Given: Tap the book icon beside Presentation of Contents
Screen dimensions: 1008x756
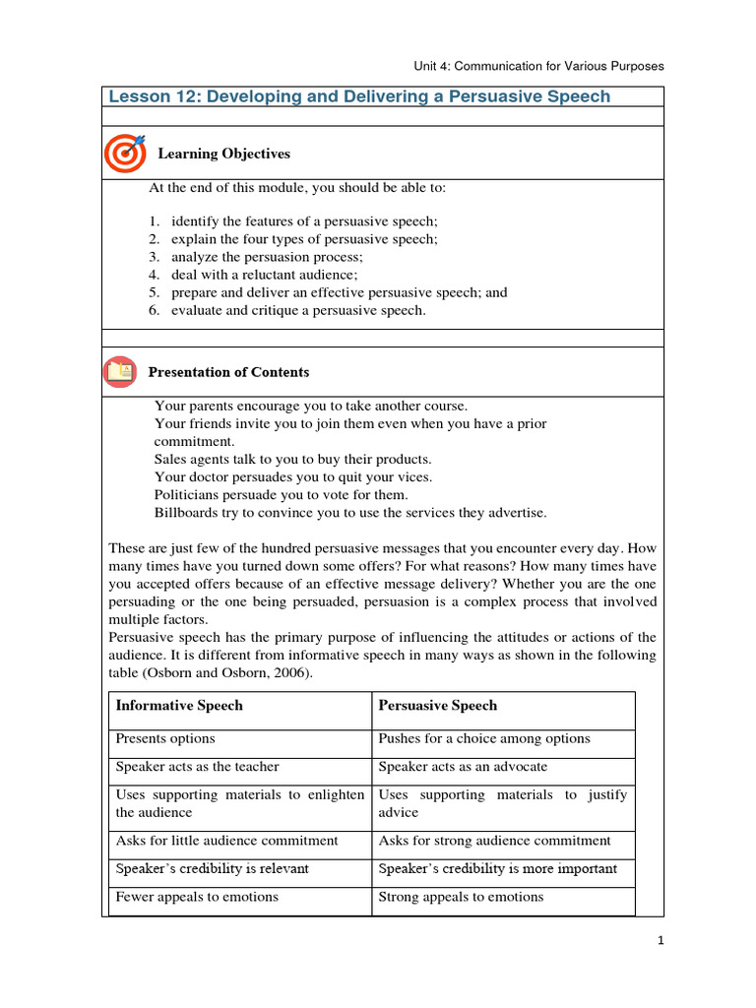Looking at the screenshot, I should coord(120,372).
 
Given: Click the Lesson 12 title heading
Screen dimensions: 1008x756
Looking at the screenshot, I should coord(359,96).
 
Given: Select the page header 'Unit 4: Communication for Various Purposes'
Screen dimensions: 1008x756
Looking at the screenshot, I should coord(538,66).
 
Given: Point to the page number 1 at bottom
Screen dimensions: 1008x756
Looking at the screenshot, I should coord(661,941).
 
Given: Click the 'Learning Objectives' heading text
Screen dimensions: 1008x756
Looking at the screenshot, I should coord(224,154).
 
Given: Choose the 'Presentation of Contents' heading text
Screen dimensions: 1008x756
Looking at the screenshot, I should coord(228,372).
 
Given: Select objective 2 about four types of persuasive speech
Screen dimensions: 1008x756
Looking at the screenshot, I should coord(304,239).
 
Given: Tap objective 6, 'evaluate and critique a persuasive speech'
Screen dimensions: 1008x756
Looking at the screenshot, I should coord(298,310).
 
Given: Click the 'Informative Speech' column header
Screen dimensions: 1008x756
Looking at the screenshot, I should coord(179,706).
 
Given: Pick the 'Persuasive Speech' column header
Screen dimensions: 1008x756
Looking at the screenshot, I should coord(438,706).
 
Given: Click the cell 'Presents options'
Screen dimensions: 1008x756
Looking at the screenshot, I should coord(165,738).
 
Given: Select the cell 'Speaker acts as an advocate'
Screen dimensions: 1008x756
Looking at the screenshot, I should coord(463,767).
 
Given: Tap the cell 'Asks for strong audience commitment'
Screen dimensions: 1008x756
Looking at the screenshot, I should coord(494,841).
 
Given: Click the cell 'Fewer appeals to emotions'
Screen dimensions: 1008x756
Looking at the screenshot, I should coord(197,897).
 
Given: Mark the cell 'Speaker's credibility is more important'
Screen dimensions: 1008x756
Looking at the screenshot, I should coord(498,868).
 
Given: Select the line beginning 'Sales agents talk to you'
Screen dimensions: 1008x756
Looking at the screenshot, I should coord(293,460).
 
